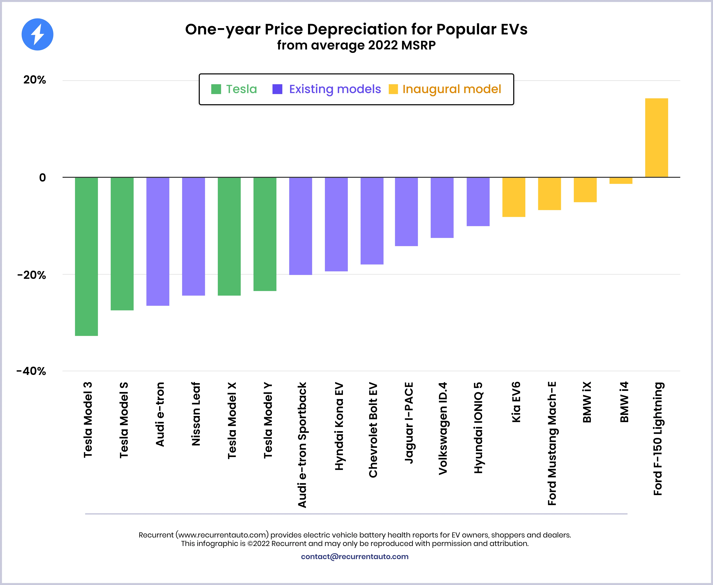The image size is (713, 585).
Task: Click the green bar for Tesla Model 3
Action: tap(86, 256)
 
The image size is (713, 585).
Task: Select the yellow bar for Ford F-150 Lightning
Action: tap(656, 137)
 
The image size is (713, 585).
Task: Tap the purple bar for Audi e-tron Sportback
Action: tap(300, 226)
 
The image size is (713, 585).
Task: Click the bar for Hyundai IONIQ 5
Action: tap(478, 202)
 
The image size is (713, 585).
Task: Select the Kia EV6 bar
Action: tap(514, 197)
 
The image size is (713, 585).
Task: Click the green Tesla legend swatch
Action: tap(216, 89)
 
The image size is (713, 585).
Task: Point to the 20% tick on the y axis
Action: tap(34, 80)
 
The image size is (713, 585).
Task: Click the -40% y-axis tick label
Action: tap(31, 371)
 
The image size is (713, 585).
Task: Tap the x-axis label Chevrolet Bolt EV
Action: tap(373, 430)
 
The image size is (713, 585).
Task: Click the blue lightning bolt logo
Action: tap(37, 34)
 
